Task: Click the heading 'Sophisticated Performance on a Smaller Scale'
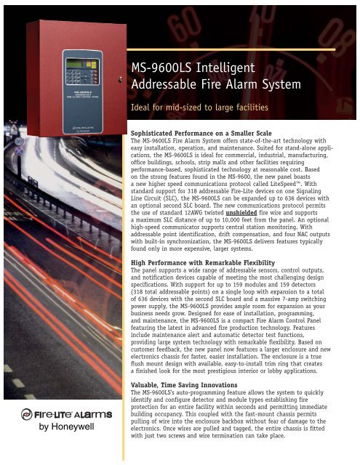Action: click(219, 135)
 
